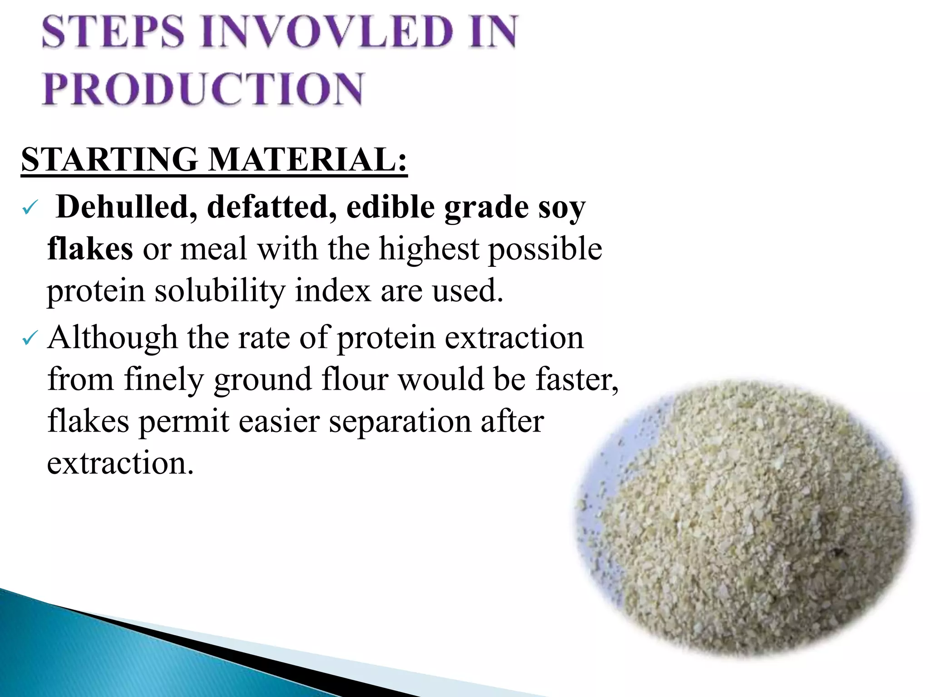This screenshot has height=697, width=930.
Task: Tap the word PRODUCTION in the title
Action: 203,89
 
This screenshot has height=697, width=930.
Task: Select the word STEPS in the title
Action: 114,32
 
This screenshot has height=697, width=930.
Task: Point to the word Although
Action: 112,338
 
